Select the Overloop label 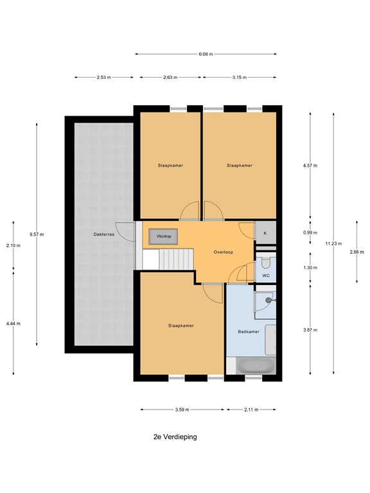click(223, 252)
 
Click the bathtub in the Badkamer click(256, 366)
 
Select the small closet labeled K click(265, 233)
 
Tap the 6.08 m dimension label click(206, 55)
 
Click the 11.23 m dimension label click(333, 243)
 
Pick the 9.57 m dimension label click(37, 234)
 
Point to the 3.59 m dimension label click(182, 410)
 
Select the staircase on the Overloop click(175, 259)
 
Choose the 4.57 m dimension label click(311, 165)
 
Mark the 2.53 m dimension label click(103, 77)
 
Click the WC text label click(265, 276)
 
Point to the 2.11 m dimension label click(251, 410)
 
